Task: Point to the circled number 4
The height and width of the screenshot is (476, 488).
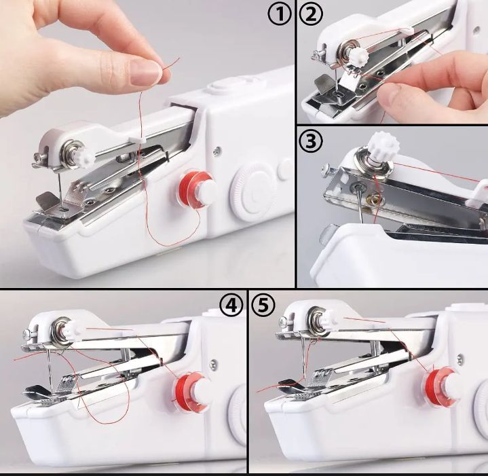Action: [232, 306]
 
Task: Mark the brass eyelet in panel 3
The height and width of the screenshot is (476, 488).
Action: [373, 200]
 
